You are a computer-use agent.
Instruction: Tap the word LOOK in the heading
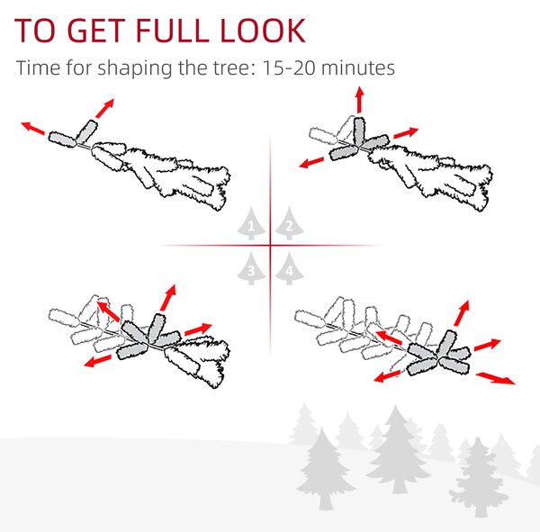(x=263, y=31)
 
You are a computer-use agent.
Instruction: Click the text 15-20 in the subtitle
(x=289, y=68)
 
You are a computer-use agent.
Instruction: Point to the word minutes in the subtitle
(x=358, y=68)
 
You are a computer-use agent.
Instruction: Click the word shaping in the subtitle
(x=135, y=69)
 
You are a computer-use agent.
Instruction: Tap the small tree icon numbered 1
(x=251, y=223)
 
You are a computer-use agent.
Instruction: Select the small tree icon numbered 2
(x=289, y=223)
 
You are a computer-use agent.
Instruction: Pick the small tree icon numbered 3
(x=251, y=269)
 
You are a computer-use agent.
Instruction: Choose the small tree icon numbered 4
(x=289, y=269)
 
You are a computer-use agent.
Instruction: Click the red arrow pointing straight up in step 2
(x=359, y=100)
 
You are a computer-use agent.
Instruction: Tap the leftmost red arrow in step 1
(x=33, y=128)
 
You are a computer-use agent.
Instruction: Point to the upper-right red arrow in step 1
(x=104, y=108)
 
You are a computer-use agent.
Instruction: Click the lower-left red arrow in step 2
(x=311, y=163)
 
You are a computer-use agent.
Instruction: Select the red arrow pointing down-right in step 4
(x=495, y=378)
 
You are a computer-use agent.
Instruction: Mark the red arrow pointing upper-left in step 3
(x=109, y=311)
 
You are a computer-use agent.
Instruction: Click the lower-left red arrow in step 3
(x=98, y=361)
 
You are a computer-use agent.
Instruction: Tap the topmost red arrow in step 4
(x=462, y=313)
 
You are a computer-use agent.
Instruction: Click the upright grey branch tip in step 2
(x=359, y=131)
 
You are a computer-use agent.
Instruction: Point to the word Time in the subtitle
(x=38, y=68)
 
